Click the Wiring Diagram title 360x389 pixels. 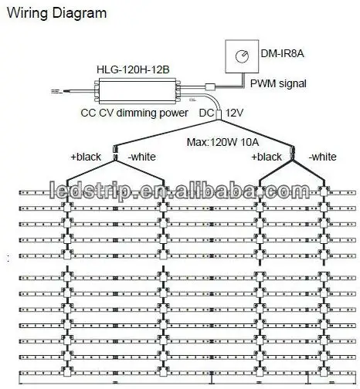pos(56,13)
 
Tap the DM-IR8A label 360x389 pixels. pos(282,53)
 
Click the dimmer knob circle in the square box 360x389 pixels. pos(242,56)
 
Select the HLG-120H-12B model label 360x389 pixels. pos(133,69)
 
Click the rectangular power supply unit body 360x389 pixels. pos(138,91)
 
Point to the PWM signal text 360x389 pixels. pos(278,84)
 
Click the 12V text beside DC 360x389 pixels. pos(234,113)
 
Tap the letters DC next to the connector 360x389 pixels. pos(206,113)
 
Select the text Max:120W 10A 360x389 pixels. pos(222,142)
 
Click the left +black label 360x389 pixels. pos(86,157)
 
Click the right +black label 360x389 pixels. pos(267,157)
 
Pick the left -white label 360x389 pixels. pos(142,157)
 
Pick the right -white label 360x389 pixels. pos(323,157)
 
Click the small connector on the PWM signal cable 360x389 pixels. pos(210,86)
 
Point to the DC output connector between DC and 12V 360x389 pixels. pos(219,114)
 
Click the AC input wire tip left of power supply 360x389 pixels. pos(53,91)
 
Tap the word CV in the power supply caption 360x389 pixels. pos(106,113)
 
